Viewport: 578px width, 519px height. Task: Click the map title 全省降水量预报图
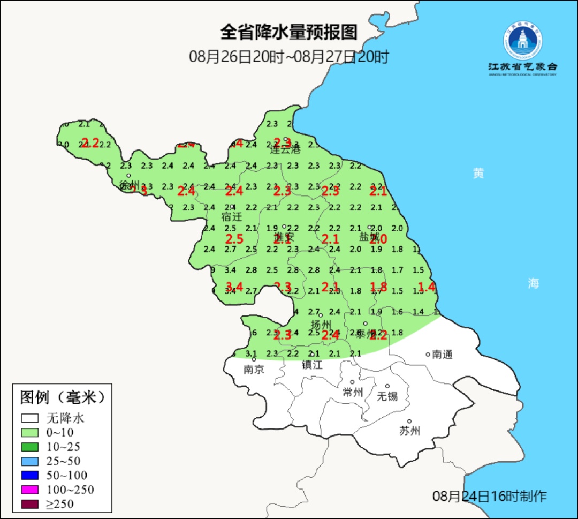coord(288,33)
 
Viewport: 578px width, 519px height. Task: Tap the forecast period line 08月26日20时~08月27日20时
coord(288,57)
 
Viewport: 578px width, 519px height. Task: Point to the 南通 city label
coord(443,354)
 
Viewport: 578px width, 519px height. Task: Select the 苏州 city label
coord(410,431)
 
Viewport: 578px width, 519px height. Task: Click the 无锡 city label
coord(387,396)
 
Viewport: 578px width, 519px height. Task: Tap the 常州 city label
coord(353,392)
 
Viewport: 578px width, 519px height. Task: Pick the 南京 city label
coord(254,369)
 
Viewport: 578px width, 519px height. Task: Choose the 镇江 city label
coord(313,365)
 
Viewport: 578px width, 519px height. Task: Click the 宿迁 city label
coord(232,217)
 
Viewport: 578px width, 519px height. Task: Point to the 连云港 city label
coord(285,149)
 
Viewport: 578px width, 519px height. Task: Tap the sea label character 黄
coord(478,173)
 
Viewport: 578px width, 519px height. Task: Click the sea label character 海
coord(533,284)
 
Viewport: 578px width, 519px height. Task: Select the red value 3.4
coord(234,287)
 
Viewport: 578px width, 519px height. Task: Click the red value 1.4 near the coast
coord(427,287)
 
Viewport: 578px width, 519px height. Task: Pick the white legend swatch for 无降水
coord(30,418)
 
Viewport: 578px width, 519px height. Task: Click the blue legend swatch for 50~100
coord(30,475)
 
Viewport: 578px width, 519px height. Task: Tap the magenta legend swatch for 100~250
coord(30,490)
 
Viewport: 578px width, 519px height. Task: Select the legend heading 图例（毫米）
coord(62,397)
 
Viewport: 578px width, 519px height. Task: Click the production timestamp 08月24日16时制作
coord(490,496)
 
